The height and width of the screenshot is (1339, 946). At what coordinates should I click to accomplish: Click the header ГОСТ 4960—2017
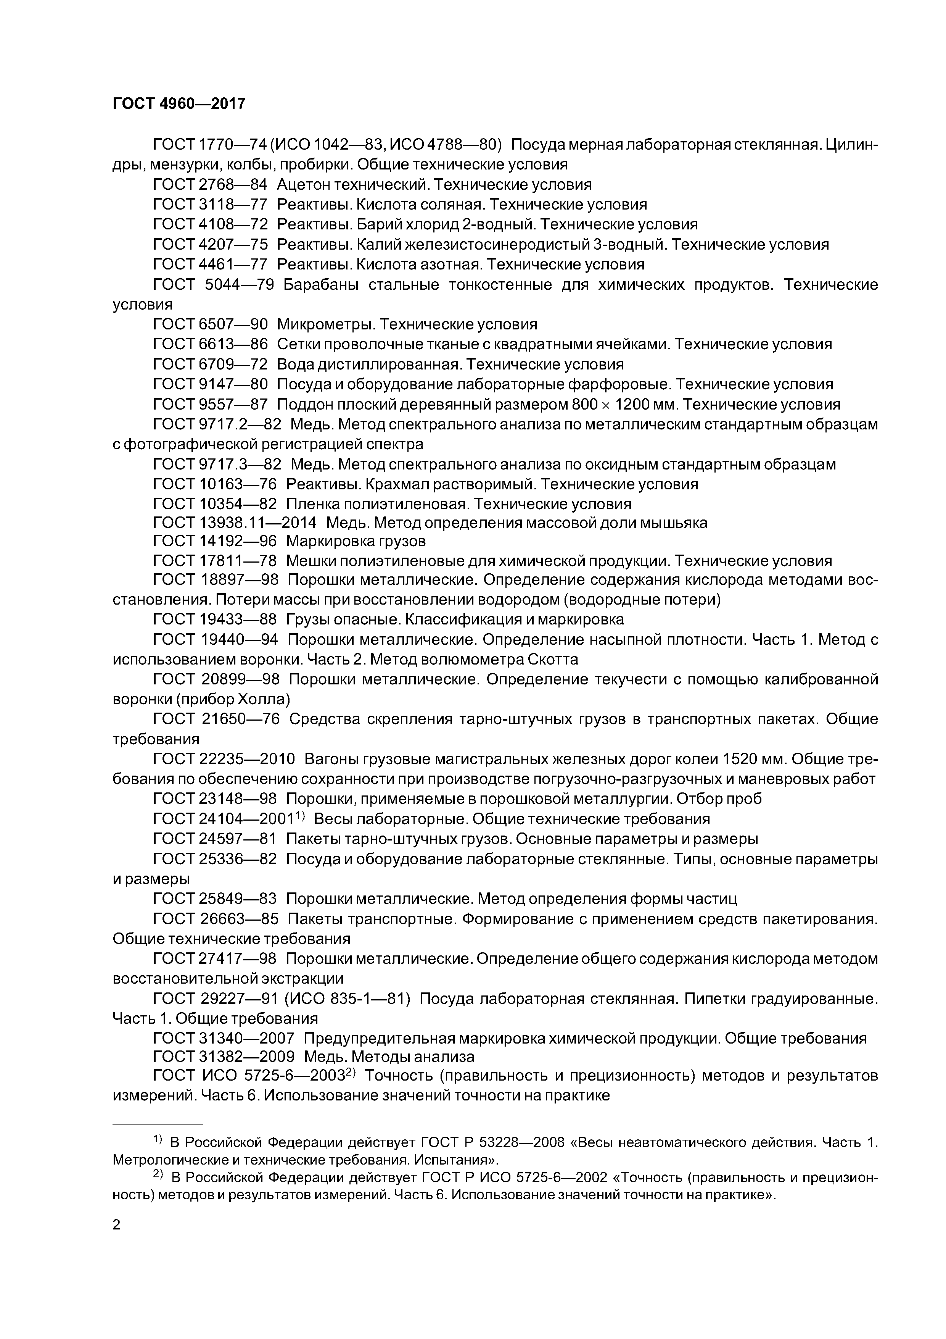[x=179, y=104]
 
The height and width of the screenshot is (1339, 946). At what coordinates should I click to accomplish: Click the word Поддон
[x=307, y=404]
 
